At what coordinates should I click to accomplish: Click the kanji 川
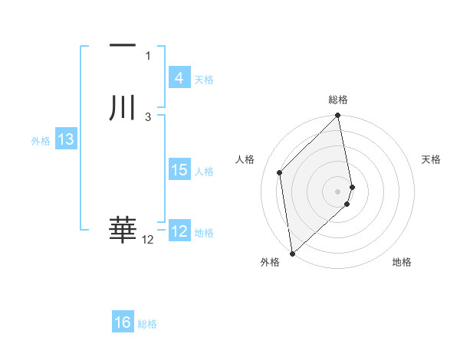pyautogui.click(x=123, y=108)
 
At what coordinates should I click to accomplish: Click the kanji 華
pyautogui.click(x=123, y=230)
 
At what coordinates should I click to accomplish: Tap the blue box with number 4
pyautogui.click(x=179, y=78)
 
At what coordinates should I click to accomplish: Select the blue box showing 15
pyautogui.click(x=179, y=170)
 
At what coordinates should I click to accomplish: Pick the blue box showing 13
pyautogui.click(x=66, y=139)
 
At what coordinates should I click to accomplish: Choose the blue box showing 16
pyautogui.click(x=123, y=322)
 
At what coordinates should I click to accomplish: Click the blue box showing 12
pyautogui.click(x=179, y=231)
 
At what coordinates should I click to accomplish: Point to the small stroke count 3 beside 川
pyautogui.click(x=148, y=116)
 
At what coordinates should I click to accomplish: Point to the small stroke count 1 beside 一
pyautogui.click(x=148, y=55)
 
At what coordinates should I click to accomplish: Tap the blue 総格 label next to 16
pyautogui.click(x=147, y=324)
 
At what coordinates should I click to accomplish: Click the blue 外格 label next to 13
pyautogui.click(x=41, y=141)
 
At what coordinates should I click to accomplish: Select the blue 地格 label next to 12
pyautogui.click(x=204, y=233)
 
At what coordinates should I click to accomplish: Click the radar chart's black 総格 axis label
pyautogui.click(x=338, y=100)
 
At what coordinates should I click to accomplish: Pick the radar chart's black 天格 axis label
pyautogui.click(x=432, y=159)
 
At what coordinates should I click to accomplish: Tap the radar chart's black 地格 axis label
pyautogui.click(x=402, y=262)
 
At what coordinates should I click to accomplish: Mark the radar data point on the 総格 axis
pyautogui.click(x=338, y=116)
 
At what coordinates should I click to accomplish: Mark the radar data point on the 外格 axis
pyautogui.click(x=292, y=253)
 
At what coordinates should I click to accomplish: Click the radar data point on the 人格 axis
pyautogui.click(x=280, y=172)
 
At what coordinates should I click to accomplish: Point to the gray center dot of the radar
pyautogui.click(x=338, y=191)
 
